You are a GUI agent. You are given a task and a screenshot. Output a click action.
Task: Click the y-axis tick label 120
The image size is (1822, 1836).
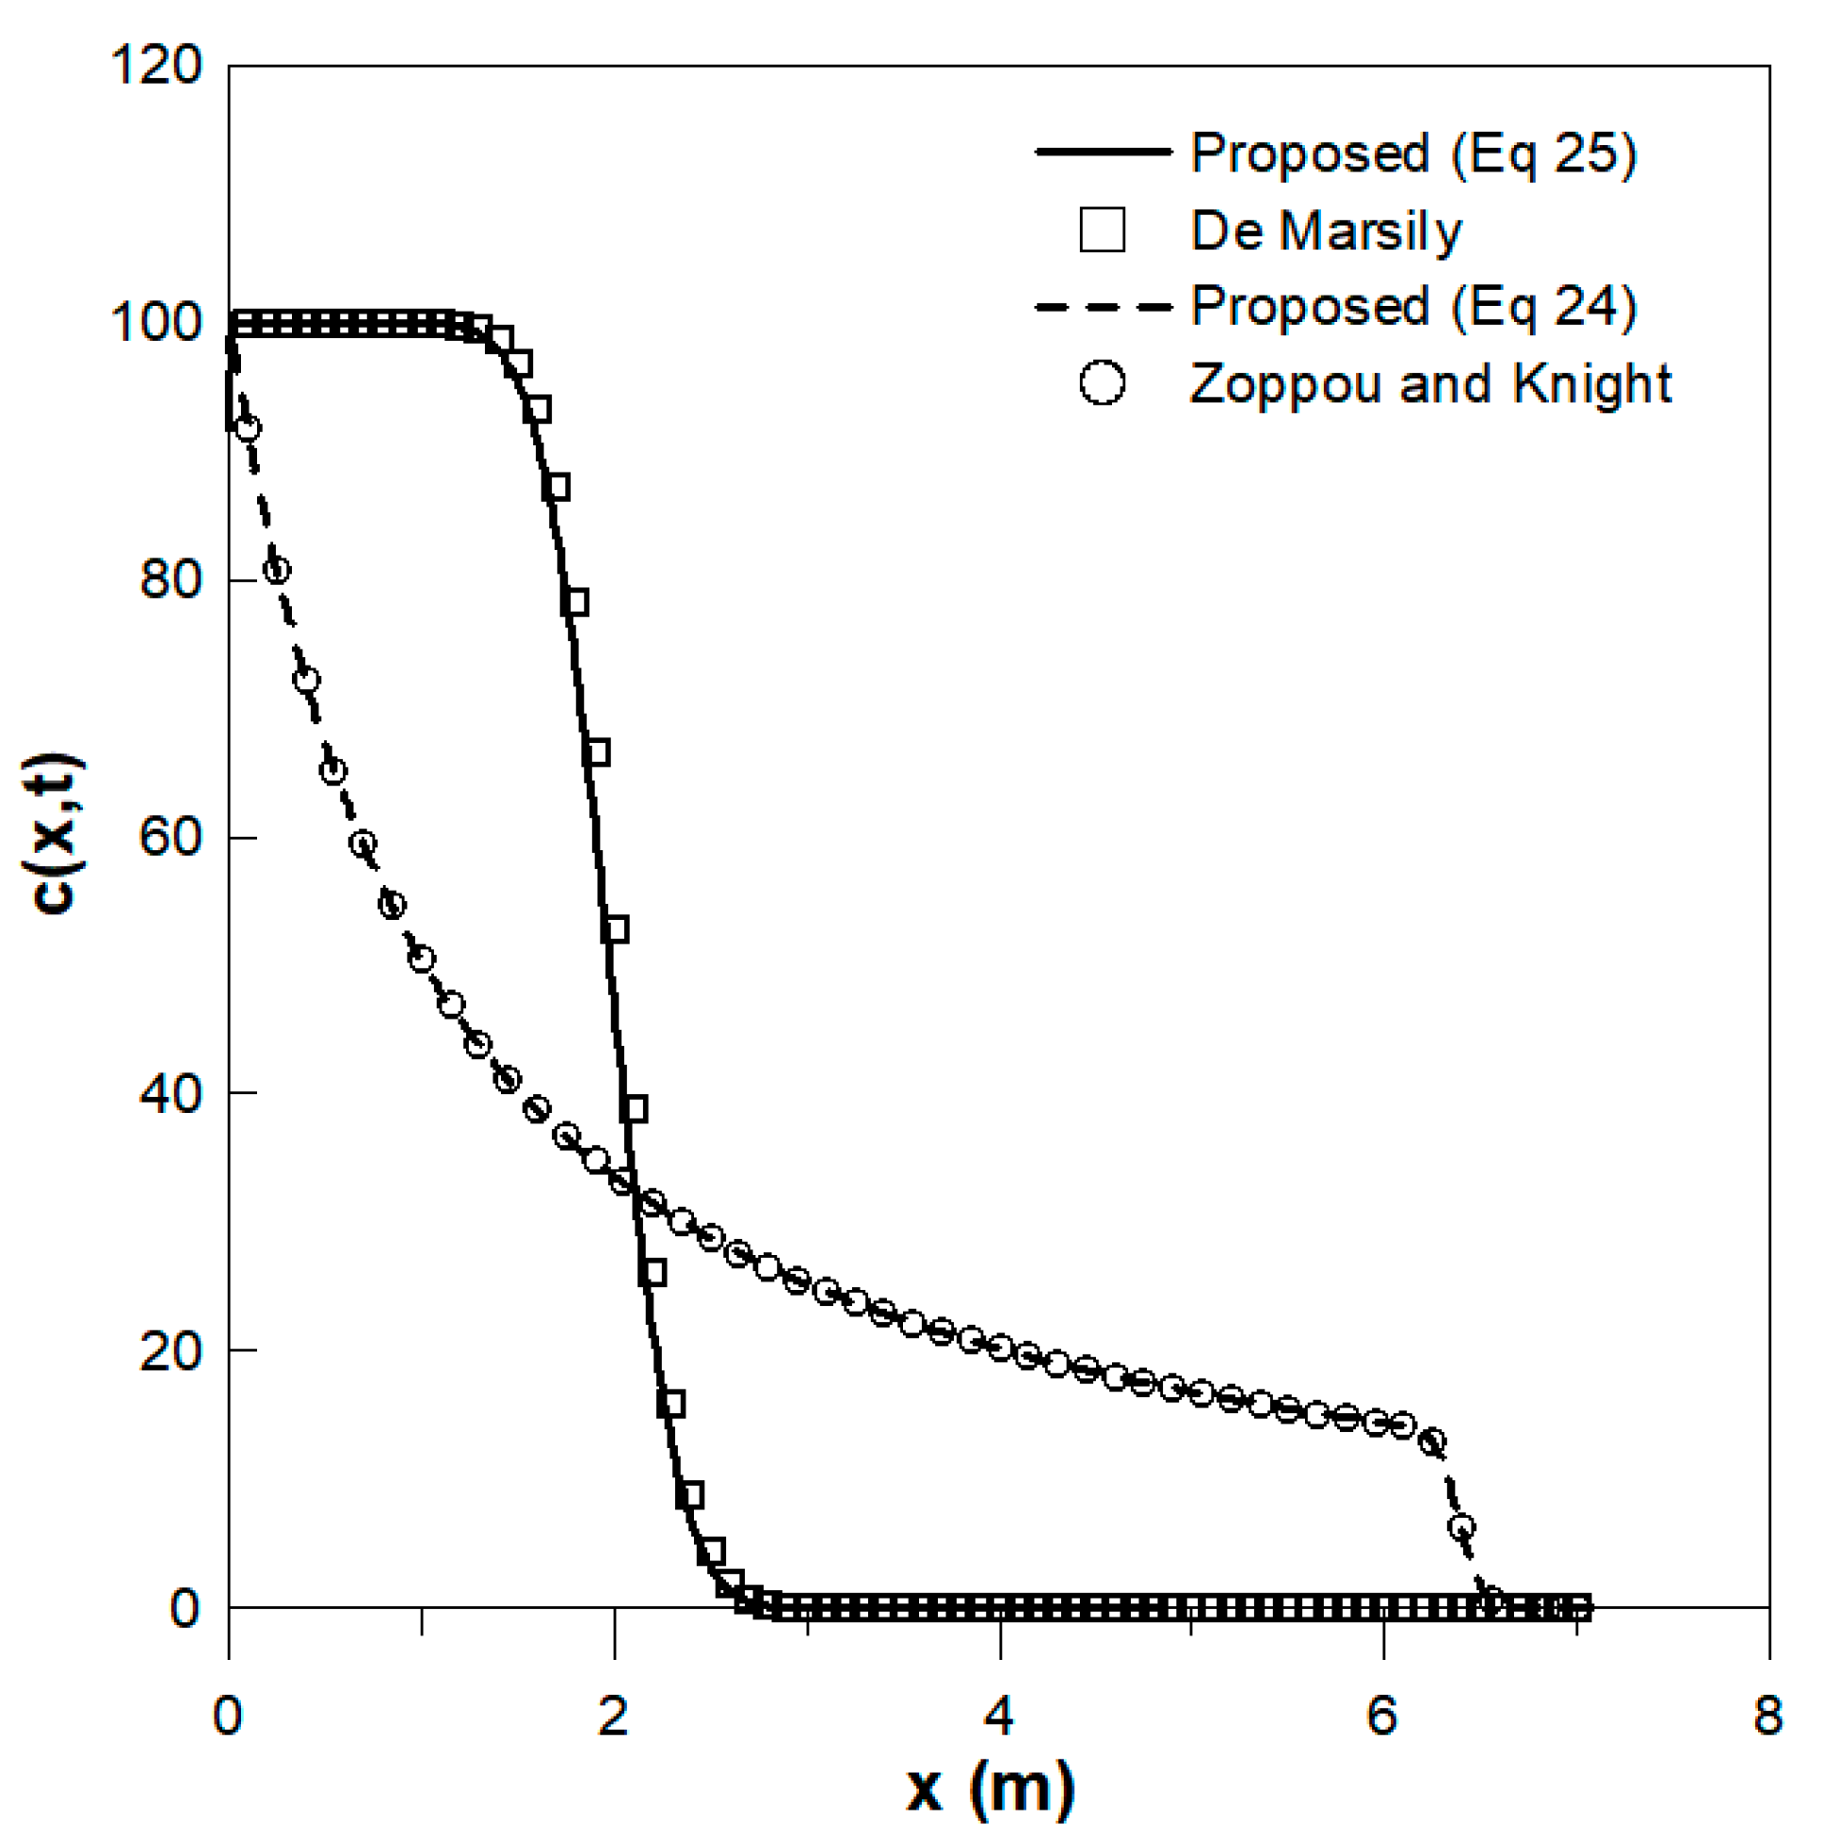(157, 67)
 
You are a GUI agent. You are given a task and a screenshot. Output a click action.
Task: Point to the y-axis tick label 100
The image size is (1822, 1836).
(157, 323)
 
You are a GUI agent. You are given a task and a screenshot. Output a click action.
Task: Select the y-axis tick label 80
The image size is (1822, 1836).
(171, 580)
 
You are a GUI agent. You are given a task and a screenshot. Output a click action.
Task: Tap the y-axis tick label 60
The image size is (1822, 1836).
(171, 837)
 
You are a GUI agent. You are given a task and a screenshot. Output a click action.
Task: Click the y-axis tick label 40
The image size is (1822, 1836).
(171, 1094)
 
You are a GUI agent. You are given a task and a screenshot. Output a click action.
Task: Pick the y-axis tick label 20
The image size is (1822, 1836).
(171, 1350)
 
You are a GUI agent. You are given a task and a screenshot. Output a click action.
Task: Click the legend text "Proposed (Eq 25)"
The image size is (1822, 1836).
(1413, 154)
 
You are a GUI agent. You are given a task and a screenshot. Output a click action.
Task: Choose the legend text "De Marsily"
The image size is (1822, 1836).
(1326, 231)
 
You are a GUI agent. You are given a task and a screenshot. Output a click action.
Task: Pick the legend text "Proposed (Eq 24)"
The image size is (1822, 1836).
(1413, 307)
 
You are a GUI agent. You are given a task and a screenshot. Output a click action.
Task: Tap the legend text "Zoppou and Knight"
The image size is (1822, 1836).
(1430, 384)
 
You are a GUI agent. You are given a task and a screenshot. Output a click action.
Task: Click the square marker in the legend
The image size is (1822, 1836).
(1103, 230)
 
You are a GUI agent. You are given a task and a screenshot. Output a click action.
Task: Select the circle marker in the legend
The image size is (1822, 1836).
(1103, 383)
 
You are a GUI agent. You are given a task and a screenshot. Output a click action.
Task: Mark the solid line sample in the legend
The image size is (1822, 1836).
(1103, 152)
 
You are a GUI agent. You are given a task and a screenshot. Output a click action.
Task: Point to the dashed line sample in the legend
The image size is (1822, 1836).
(1103, 307)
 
